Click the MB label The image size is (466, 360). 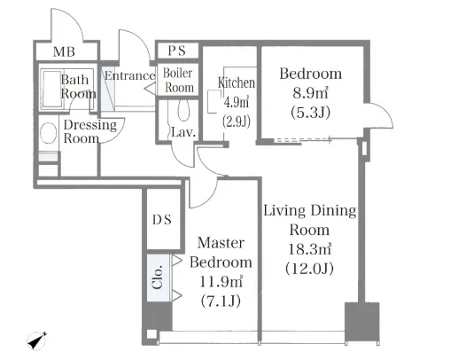point(64,51)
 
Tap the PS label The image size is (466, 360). point(177,51)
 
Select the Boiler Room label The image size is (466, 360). point(178,81)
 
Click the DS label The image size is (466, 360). point(162,220)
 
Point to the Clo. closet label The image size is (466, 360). point(158,277)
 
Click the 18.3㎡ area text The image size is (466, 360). point(310,249)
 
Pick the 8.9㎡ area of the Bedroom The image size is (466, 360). point(310,93)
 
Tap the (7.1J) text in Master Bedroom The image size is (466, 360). point(221,301)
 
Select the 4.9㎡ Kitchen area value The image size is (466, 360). point(237,102)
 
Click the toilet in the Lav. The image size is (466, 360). point(183,110)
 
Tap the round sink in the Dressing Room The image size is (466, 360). point(49,133)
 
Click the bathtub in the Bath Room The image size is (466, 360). point(52,89)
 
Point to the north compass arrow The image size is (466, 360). point(37,341)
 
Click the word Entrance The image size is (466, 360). point(130,75)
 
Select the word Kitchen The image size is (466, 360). point(237,83)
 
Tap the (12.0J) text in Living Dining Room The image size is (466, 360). point(309,269)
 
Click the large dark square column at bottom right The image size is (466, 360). point(362,322)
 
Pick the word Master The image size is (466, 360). point(221,243)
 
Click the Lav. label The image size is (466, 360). point(183,132)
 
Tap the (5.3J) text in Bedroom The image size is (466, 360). point(311,113)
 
